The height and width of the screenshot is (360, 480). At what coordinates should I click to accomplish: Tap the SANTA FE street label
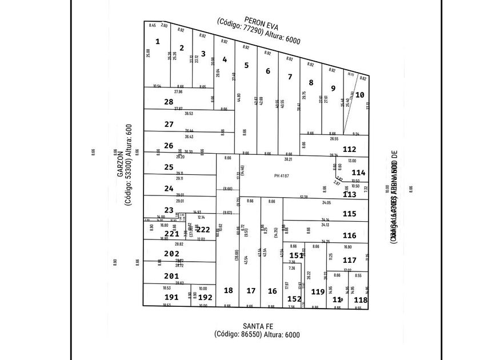[x=257, y=326]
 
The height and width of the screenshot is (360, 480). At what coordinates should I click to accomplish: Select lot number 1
[x=158, y=41]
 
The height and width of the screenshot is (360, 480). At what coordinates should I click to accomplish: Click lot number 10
[x=359, y=95]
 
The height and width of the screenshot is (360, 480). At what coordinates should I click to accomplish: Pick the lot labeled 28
[x=169, y=102]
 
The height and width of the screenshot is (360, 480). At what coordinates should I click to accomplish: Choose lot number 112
[x=350, y=149]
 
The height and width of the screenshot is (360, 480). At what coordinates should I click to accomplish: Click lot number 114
[x=358, y=172]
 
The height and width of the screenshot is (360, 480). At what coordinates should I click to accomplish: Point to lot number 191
[x=171, y=297]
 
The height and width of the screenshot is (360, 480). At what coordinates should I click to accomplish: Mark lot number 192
[x=205, y=297]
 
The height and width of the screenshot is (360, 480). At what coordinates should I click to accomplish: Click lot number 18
[x=228, y=290]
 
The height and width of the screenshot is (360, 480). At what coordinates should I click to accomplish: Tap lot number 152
[x=294, y=298]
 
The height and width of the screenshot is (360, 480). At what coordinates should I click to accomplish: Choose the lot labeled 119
[x=318, y=292]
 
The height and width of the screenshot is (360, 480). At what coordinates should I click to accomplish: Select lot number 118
[x=361, y=300]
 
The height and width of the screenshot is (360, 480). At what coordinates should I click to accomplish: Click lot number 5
[x=246, y=65]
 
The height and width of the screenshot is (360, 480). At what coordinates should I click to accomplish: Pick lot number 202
[x=171, y=254]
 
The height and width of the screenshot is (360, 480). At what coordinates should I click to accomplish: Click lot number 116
[x=350, y=235]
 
